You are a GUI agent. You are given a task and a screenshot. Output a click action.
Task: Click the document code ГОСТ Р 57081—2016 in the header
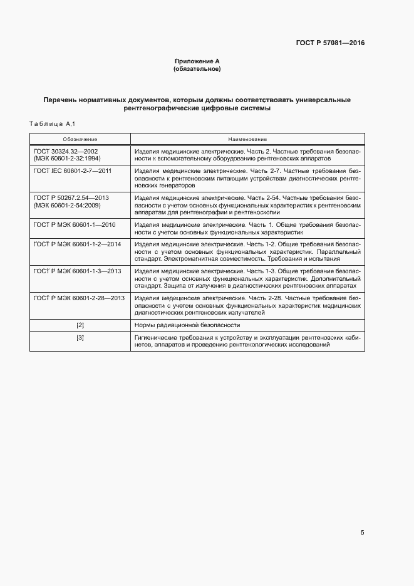pos(330,43)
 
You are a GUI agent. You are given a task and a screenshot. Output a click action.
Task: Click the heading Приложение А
pos(197,61)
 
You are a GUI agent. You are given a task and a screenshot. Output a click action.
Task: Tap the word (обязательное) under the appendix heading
pos(197,68)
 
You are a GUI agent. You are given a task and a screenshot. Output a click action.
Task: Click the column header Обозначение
pos(80,139)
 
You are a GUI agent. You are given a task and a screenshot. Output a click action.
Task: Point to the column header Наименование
pos(247,139)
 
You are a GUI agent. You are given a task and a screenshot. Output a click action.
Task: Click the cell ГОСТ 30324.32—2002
pos(65,152)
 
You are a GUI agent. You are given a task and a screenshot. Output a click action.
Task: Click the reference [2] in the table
pos(80,325)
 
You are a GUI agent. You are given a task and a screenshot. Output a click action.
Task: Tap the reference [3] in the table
pos(80,338)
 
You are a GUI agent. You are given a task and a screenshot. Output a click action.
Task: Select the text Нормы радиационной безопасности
pos(187,325)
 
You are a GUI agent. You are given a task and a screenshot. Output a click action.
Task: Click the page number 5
pos(362,533)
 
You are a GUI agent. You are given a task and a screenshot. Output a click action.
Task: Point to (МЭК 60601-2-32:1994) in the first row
pos(67,159)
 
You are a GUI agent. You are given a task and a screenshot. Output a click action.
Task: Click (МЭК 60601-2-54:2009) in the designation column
pos(67,205)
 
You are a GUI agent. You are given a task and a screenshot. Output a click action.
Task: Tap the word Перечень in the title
pos(64,100)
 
